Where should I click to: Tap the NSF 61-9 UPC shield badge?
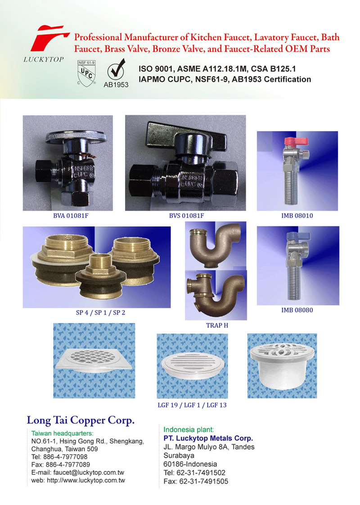[86, 73]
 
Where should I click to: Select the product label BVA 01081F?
[71, 216]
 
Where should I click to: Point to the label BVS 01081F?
[186, 216]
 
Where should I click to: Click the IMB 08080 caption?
[297, 310]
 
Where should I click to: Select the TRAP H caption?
[217, 325]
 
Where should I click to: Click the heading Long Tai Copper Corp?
[81, 420]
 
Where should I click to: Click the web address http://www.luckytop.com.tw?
[86, 481]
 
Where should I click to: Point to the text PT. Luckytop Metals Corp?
[208, 438]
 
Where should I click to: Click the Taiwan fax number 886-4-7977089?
[67, 465]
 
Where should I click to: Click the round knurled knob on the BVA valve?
[76, 136]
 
